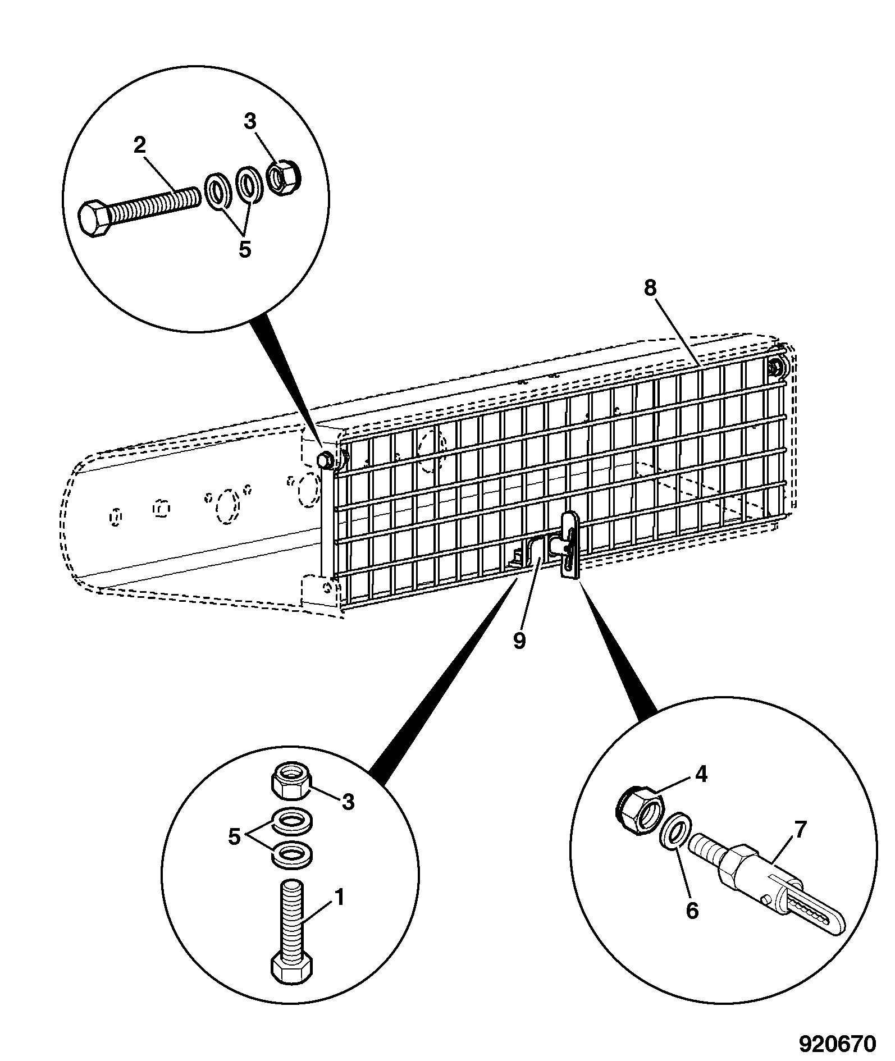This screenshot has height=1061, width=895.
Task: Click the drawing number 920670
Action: click(x=837, y=1043)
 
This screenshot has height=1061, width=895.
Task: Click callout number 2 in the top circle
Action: click(x=139, y=145)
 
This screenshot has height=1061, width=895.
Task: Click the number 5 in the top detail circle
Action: click(x=245, y=249)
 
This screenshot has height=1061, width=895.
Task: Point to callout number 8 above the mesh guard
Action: click(x=649, y=288)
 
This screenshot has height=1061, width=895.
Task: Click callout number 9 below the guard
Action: click(x=520, y=641)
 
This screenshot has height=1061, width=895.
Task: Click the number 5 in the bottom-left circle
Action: click(x=234, y=836)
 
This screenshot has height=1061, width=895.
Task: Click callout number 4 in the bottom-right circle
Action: click(x=701, y=775)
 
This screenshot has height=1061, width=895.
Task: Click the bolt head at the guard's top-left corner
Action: click(x=323, y=459)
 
